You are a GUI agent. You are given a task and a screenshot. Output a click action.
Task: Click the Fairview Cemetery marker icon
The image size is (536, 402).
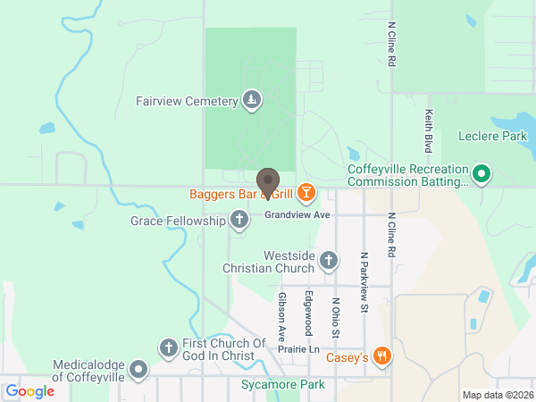pos(253,101)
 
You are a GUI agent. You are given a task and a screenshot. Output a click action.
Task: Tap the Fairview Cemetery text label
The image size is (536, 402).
pos(187,101)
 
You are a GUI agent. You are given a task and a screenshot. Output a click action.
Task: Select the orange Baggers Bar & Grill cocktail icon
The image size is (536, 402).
pos(306,193)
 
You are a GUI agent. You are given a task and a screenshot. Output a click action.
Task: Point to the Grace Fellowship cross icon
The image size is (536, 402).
pos(239,219)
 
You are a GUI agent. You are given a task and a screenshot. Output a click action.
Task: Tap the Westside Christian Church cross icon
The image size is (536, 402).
pos(329,262)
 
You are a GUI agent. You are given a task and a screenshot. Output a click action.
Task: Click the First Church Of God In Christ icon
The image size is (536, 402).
pos(168,348)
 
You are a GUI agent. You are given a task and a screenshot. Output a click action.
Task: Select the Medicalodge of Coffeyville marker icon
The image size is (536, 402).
pos(138,369)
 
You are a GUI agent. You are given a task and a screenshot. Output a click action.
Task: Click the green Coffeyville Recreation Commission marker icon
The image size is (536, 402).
pos(482,173)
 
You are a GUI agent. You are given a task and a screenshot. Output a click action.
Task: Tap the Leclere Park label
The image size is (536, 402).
pos(493,137)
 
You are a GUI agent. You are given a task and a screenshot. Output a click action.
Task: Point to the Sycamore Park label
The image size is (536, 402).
pos(283,385)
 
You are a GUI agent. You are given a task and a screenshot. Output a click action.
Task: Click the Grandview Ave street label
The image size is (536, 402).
pos(297,215)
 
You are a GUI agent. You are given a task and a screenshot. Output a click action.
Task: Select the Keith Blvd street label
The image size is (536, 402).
pos(429,130)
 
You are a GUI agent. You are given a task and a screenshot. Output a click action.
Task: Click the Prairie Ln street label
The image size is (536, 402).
pos(297,348)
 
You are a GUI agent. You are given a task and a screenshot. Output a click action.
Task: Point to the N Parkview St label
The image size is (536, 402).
pos(364,282)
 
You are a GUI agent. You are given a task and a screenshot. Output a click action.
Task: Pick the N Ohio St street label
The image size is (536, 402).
pos(336,318)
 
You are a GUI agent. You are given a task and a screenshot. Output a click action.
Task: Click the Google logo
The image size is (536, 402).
pos(30,390)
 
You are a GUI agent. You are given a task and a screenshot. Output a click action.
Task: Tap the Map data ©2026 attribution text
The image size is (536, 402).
pos(497,395)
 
